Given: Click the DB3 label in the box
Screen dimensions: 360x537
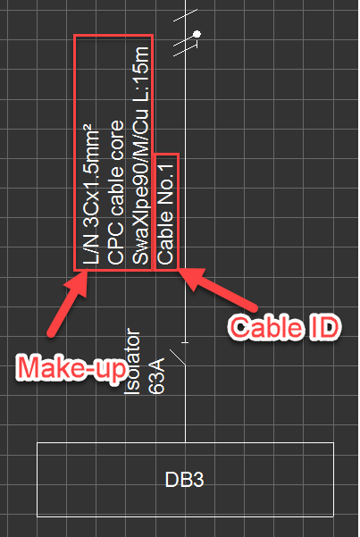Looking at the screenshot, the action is pos(184,480).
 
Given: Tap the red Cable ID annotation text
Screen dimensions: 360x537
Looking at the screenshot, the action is pos(284,327).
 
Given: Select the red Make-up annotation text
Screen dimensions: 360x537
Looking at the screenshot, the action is pos(72,368).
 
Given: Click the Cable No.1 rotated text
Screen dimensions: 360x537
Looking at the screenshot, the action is pos(165,214).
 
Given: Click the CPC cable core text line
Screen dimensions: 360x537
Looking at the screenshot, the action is pos(116,192).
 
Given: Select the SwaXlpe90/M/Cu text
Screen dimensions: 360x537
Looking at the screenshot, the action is pos(141,187).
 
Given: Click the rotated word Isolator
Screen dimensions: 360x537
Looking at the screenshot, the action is pos(132,361).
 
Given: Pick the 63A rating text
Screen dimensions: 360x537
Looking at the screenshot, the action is pos(157,376).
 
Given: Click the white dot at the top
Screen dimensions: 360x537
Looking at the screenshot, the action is pos(197,34).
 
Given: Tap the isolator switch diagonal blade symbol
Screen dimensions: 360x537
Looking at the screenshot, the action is pos(178,357).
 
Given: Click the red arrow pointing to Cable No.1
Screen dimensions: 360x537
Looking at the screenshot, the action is pos(217,289).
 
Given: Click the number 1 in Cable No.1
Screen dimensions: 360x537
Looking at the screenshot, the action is pos(166,168).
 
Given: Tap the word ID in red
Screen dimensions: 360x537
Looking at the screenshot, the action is pos(324,327).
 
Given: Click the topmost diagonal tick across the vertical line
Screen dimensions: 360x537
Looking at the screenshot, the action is pos(185,15).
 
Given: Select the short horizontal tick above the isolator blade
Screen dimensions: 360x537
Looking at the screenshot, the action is pos(185,342).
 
